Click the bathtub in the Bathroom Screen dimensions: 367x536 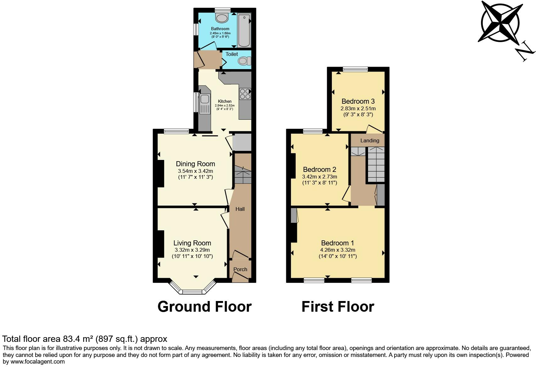pos(244,30)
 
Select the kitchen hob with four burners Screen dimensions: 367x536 pos(245,94)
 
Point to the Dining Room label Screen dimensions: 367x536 pos(195,164)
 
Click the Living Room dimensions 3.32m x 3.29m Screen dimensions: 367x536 pos(192,250)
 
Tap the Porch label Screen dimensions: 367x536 pos(240,269)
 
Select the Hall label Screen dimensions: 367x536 pos(240,209)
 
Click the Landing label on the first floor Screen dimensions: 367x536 pos(370,140)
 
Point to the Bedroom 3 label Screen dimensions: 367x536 pos(358,101)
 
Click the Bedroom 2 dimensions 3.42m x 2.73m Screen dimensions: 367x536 pos(319,177)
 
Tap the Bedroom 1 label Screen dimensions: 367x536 pos(338,243)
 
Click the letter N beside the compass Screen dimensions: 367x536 pos(525,51)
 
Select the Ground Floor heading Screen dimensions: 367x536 pos(204,306)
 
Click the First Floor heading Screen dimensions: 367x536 pos(338,306)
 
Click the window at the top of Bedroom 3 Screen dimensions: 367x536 pos(355,69)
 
